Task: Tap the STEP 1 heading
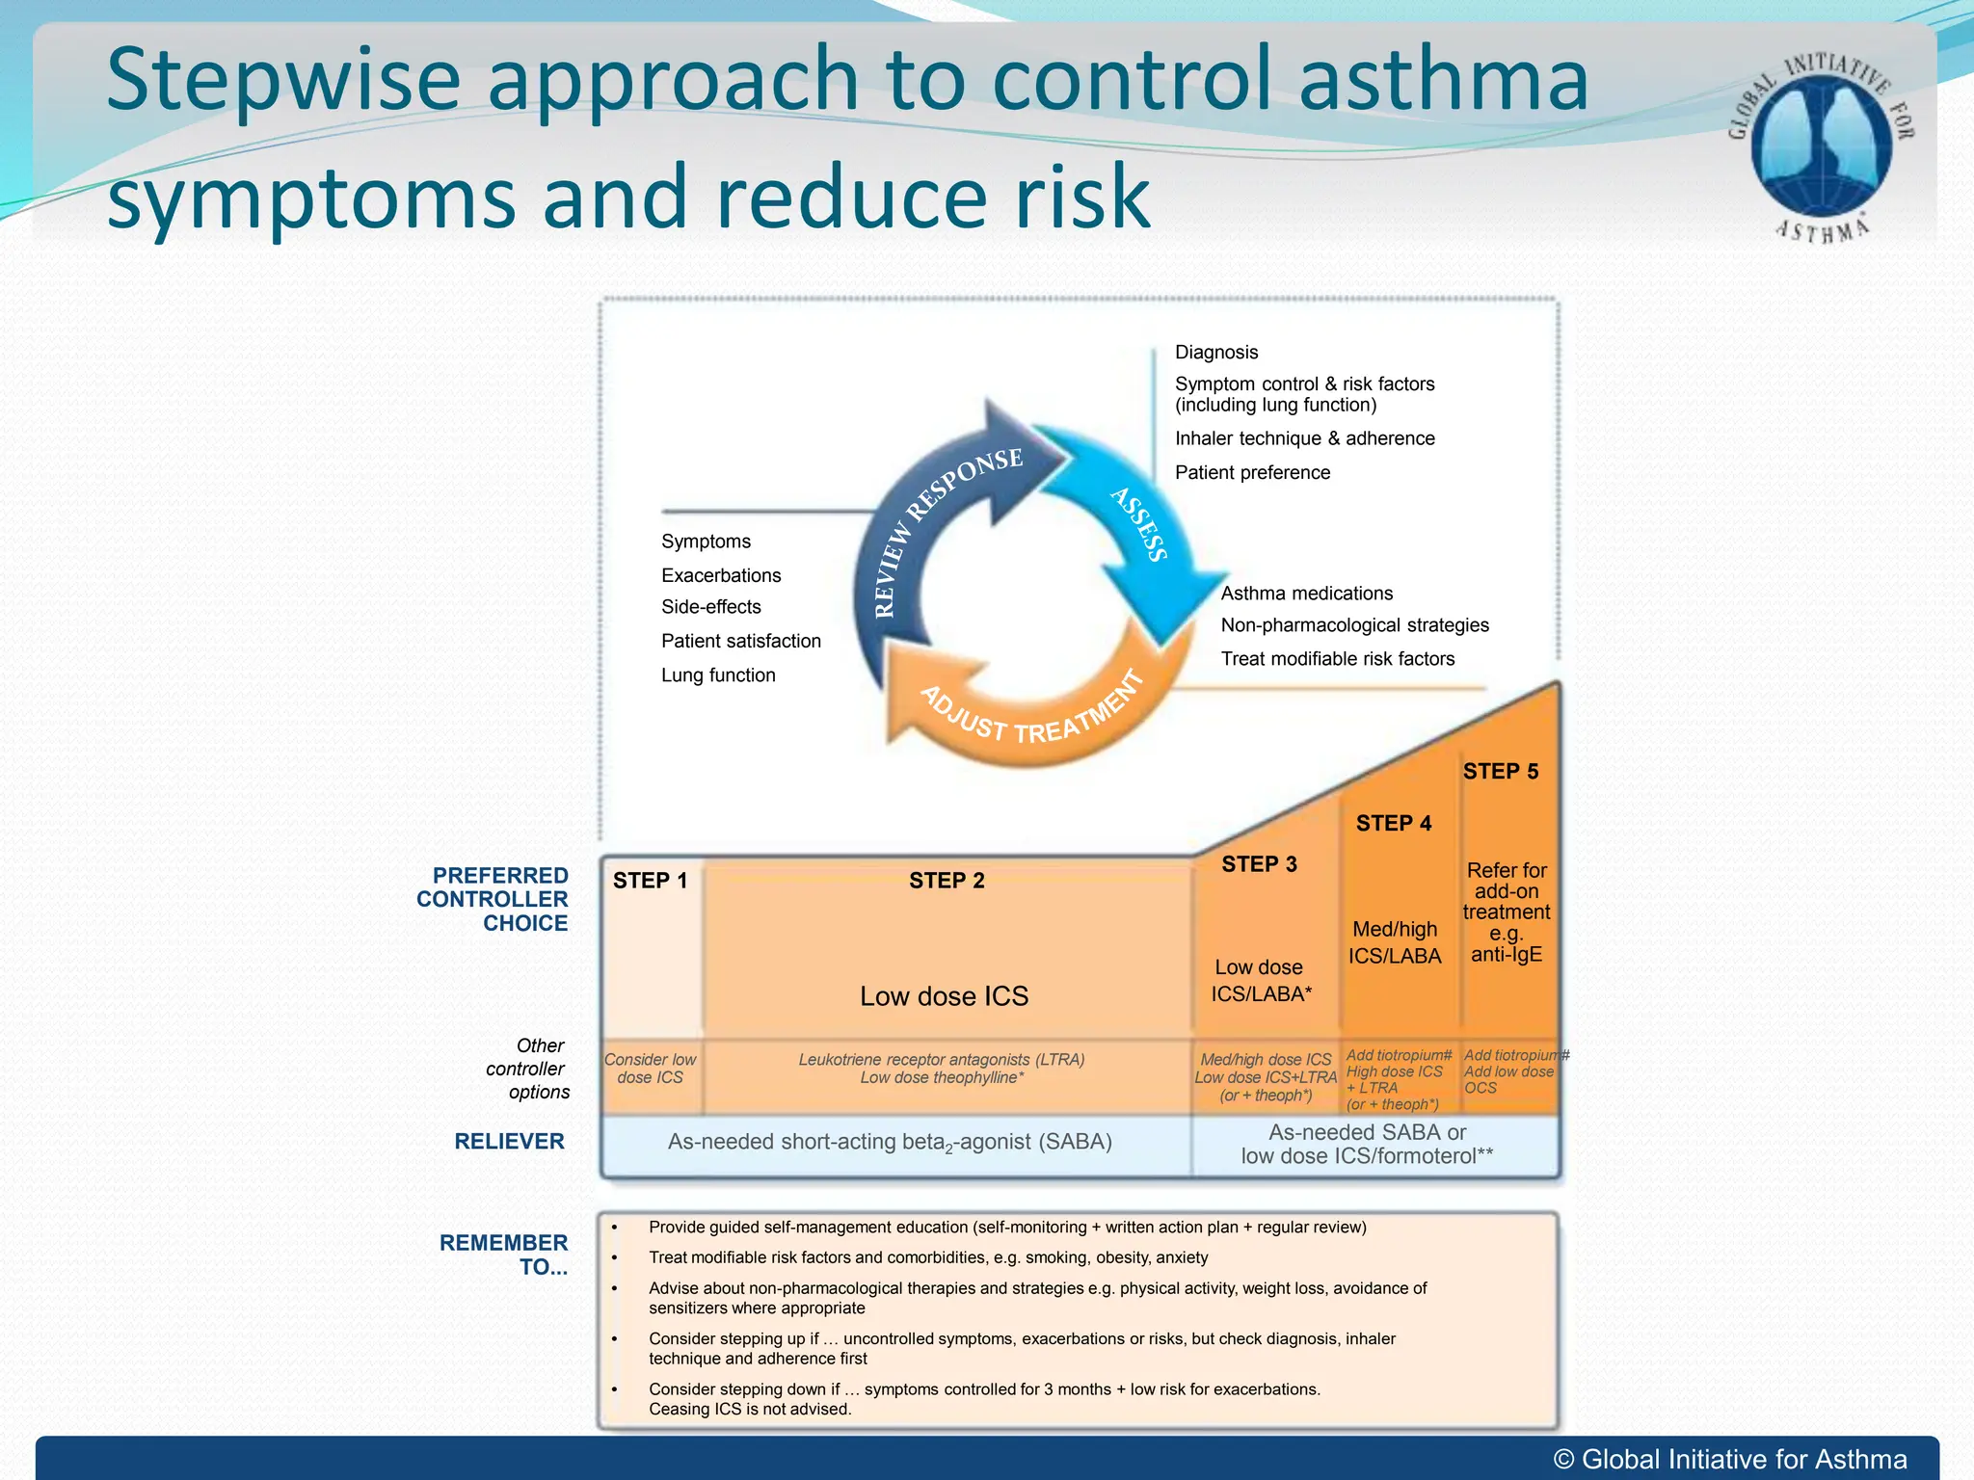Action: (x=650, y=881)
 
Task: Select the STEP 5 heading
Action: (x=1501, y=772)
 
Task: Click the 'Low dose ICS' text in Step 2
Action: (x=944, y=996)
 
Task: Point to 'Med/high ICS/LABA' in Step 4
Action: (x=1395, y=942)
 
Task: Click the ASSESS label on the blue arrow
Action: (x=1139, y=524)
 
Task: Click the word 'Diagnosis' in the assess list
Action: (x=1216, y=353)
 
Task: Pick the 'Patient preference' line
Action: (x=1252, y=473)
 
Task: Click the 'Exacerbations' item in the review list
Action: (x=721, y=576)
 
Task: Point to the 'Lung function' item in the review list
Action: (x=718, y=675)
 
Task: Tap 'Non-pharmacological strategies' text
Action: (x=1354, y=625)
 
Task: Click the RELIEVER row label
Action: (x=509, y=1142)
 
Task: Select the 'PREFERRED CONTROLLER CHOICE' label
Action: (x=493, y=899)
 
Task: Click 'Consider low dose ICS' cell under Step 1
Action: (x=651, y=1069)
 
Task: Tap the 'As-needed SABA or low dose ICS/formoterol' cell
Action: (x=1367, y=1145)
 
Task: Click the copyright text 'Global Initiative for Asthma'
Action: (x=1730, y=1460)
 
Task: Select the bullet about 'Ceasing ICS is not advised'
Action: (x=983, y=1399)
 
